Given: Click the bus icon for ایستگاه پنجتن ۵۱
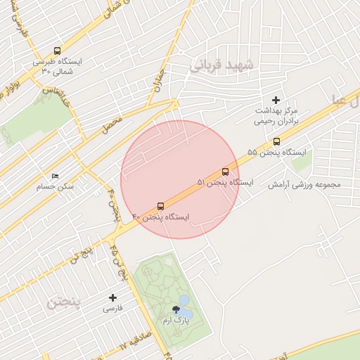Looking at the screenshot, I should coord(225,172).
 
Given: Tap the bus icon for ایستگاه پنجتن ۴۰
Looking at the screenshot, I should coord(161,206).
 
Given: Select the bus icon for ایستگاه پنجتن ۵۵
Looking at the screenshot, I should coord(276,141).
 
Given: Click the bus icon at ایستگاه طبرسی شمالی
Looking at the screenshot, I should coord(57,51).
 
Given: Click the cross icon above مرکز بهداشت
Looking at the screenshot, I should coord(276,101).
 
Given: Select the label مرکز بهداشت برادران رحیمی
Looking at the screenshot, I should coord(276,116).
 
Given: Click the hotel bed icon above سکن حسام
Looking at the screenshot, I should coord(56,176).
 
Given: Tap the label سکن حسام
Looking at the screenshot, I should coord(57,187).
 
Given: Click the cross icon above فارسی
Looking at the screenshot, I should coord(112,297).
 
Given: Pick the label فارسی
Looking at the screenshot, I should coord(112,309).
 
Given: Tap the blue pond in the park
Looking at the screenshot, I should coord(184,301).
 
